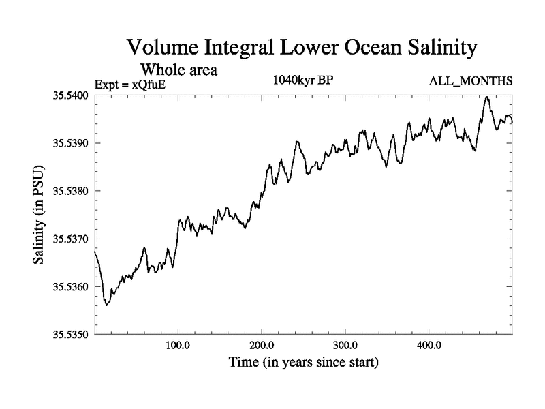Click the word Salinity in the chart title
pyautogui.click(x=428, y=48)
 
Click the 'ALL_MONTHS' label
pyautogui.click(x=470, y=82)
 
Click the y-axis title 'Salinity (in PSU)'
pyautogui.click(x=39, y=215)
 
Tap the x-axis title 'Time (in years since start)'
pyautogui.click(x=303, y=362)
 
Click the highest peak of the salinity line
pyautogui.click(x=487, y=97)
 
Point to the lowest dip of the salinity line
pyautogui.click(x=107, y=305)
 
